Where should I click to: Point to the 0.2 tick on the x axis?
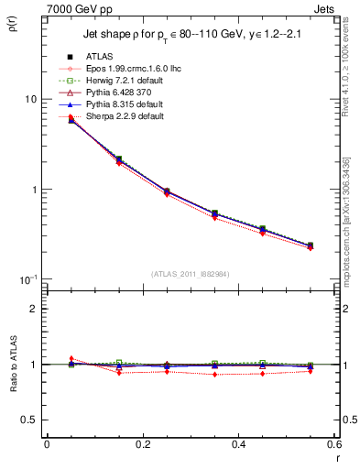point(142,445)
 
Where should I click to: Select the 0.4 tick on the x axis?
point(238,445)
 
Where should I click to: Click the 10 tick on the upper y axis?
point(28,99)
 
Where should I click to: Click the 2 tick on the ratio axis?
point(33,309)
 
